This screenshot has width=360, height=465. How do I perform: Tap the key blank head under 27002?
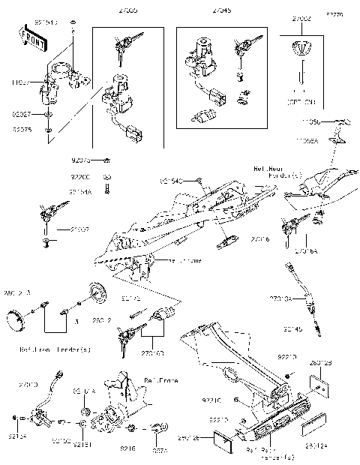302,49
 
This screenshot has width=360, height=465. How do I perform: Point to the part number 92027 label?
21,115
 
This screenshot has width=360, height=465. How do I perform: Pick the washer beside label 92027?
47,115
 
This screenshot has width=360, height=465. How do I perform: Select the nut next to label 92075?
47,130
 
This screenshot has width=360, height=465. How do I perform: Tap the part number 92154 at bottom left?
16,435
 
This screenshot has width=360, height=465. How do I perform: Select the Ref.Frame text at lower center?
161,381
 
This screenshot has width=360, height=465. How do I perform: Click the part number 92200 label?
80,177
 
